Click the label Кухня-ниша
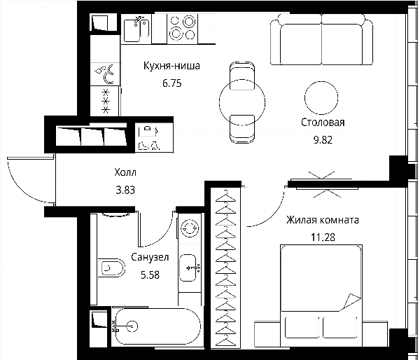(x=171, y=66)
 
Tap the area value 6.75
(x=172, y=83)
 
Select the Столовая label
(x=323, y=123)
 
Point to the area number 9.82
(x=323, y=140)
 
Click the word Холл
(x=125, y=172)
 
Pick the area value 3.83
(x=125, y=190)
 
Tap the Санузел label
(x=150, y=257)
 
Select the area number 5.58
(x=150, y=275)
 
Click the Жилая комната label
(x=323, y=220)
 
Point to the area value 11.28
(x=323, y=237)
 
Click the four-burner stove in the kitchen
(x=183, y=28)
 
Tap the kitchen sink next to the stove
(x=136, y=29)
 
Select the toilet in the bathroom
(x=111, y=268)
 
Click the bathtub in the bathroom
(x=156, y=327)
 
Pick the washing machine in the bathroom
(x=190, y=228)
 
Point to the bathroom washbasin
(x=188, y=268)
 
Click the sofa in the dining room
(x=321, y=39)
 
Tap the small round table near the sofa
(x=321, y=98)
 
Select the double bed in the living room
(x=321, y=296)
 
